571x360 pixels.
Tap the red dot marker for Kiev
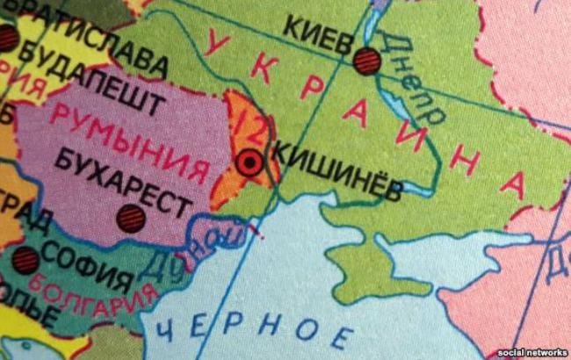[x=367, y=60]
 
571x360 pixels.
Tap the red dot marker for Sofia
[x=25, y=260]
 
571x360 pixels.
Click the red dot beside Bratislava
[x=7, y=37]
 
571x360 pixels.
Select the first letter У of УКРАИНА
[x=219, y=43]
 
